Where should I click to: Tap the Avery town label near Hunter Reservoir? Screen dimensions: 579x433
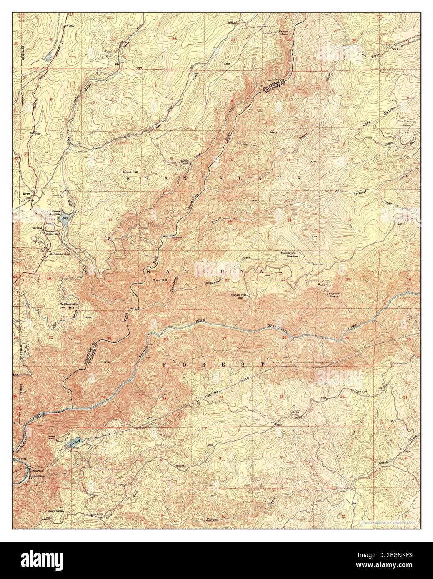pyautogui.click(x=28, y=193)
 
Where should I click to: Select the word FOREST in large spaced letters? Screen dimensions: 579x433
pyautogui.click(x=213, y=364)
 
